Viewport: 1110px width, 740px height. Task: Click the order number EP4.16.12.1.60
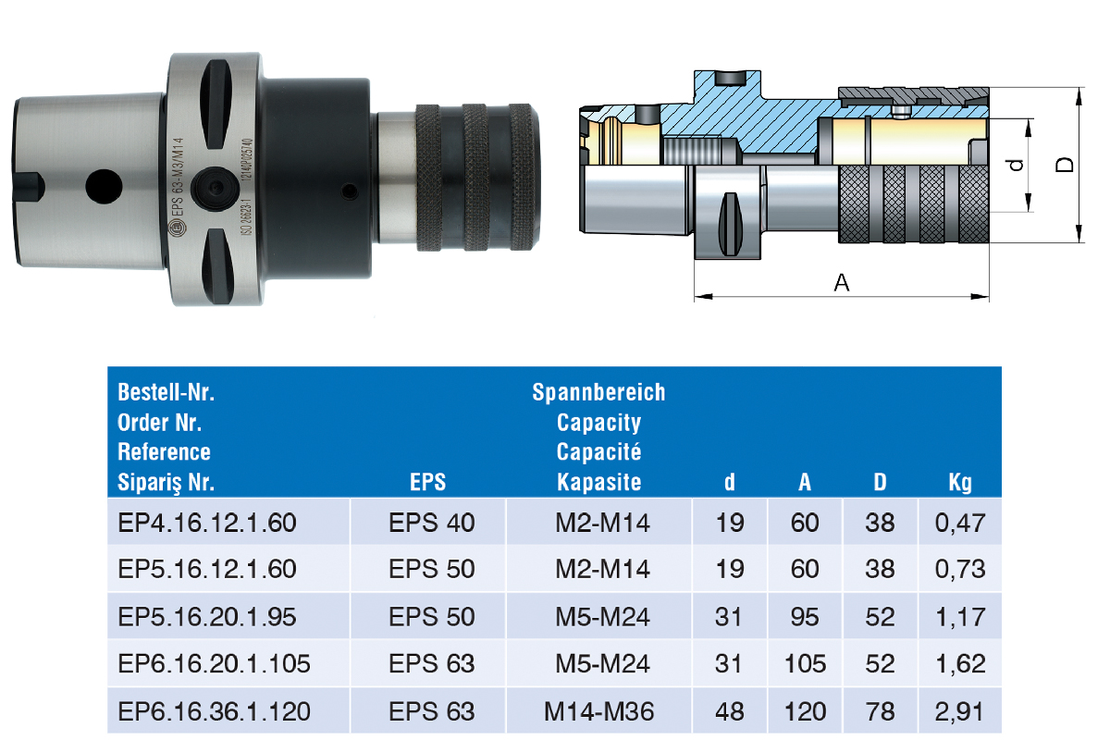[x=206, y=523]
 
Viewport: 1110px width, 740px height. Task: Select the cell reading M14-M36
[x=598, y=711]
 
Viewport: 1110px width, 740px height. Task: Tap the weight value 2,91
[x=959, y=712]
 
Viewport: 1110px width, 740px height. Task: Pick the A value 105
[x=805, y=663]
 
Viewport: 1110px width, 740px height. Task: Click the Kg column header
[x=960, y=483]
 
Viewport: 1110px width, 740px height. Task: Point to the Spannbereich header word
[x=598, y=392]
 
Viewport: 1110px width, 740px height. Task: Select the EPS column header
[x=427, y=482]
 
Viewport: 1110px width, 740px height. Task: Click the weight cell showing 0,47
[x=960, y=524]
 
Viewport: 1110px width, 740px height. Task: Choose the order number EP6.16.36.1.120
[x=214, y=711]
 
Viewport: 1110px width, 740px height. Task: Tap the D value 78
[x=880, y=711]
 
